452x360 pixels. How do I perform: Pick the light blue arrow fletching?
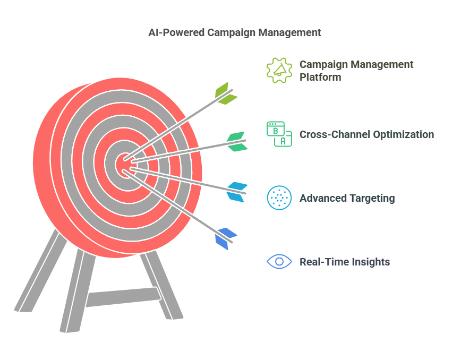237,192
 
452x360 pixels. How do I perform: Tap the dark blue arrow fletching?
225,238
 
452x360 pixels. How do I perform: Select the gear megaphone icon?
279,70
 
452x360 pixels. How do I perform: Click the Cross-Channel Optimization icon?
279,134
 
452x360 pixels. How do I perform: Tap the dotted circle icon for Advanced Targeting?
279,198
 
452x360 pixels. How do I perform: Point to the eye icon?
279,262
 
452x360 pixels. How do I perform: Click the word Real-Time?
322,262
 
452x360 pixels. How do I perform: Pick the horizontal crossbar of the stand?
122,297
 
